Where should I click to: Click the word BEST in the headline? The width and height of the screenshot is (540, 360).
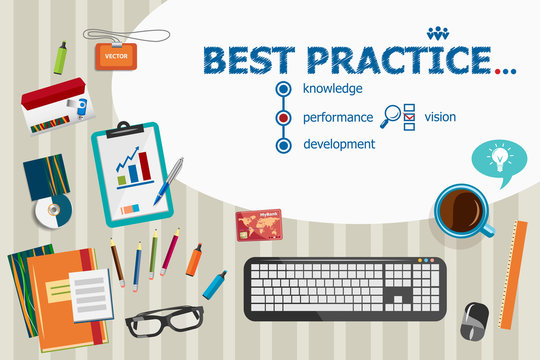(x=244, y=59)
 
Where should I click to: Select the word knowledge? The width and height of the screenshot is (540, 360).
(x=332, y=89)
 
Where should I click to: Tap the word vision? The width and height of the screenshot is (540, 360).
(x=440, y=117)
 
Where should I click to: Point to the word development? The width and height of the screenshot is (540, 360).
(x=339, y=144)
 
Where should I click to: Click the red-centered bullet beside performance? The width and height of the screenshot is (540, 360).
(x=284, y=117)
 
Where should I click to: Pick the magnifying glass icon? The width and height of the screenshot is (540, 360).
(x=391, y=115)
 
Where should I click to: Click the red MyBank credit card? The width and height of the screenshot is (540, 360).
(x=258, y=225)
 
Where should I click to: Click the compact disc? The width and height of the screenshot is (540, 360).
(x=52, y=210)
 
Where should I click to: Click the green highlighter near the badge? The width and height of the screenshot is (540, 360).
(x=60, y=58)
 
